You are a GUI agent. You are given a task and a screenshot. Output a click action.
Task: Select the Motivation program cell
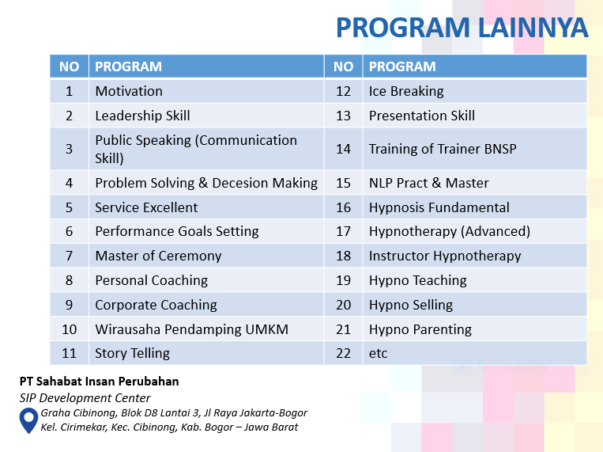coord(129,91)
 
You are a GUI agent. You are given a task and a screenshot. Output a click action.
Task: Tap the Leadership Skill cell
coord(142,116)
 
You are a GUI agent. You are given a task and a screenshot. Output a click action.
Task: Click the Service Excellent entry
coord(146,207)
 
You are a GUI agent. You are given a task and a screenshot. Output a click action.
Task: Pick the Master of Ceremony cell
coord(158,256)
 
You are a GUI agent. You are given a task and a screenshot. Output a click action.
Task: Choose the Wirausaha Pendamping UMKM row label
coord(191,329)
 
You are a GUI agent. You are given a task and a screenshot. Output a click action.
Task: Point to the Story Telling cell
coord(132,353)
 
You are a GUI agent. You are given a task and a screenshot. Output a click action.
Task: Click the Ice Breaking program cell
coord(406,91)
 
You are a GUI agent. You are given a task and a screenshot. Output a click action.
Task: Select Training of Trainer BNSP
coord(443,149)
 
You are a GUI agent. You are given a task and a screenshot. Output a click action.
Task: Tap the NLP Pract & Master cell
coord(428,183)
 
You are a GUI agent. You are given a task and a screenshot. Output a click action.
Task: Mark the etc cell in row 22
coord(379,353)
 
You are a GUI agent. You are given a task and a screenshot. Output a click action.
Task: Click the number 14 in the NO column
coord(343,149)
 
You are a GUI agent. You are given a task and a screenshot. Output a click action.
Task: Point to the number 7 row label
coord(69,256)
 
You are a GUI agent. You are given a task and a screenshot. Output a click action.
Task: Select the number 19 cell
coord(343,280)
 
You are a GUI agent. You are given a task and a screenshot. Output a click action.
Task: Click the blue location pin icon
coord(29,420)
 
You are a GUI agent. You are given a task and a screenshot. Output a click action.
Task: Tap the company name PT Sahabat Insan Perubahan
coord(100,382)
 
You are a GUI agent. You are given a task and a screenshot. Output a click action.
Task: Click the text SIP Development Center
coord(85,398)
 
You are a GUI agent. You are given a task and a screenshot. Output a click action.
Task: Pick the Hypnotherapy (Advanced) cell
coord(449,231)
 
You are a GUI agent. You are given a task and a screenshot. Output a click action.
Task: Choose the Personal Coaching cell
coord(151,280)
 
